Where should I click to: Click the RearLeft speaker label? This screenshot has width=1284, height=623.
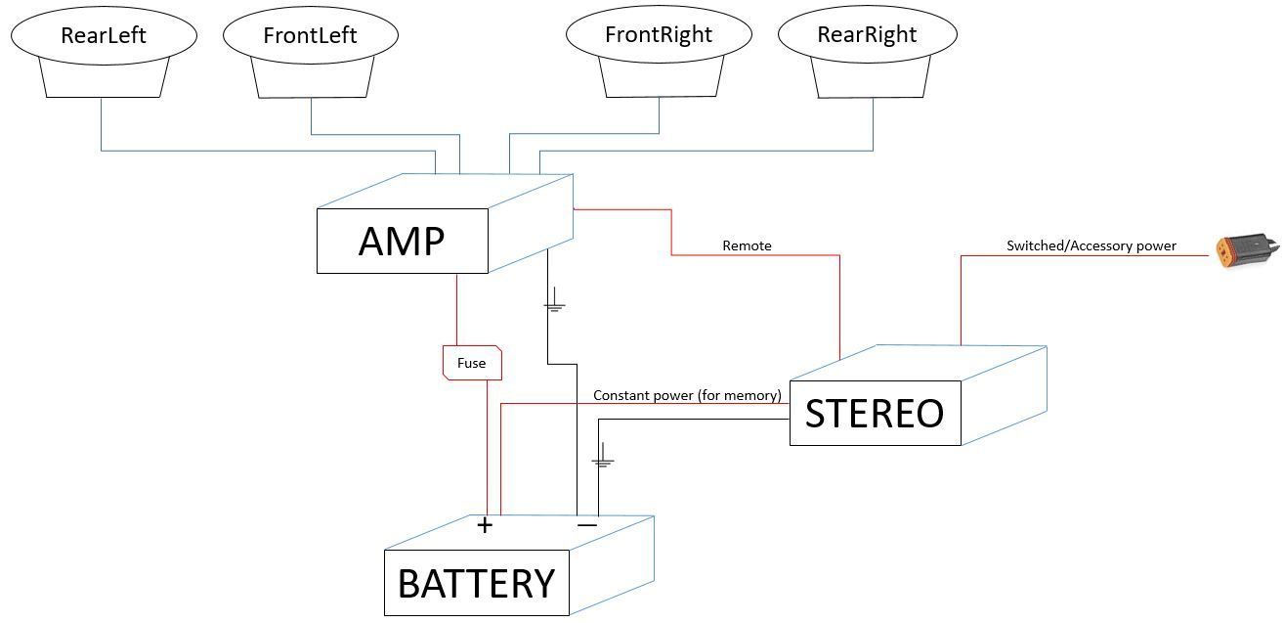pyautogui.click(x=103, y=35)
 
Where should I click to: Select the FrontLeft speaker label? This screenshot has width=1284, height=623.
pyautogui.click(x=310, y=35)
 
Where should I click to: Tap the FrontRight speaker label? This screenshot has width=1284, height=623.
pyautogui.click(x=659, y=34)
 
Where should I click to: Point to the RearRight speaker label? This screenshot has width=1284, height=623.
pyautogui.click(x=867, y=34)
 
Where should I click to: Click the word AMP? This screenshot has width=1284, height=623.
pyautogui.click(x=402, y=241)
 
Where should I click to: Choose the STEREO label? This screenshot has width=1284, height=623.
pyautogui.click(x=875, y=414)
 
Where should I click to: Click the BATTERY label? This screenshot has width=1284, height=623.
pyautogui.click(x=476, y=584)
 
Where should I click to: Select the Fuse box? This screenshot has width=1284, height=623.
pyautogui.click(x=472, y=363)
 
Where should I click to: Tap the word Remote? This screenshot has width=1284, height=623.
pyautogui.click(x=747, y=245)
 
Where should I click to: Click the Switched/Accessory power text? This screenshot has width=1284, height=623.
pyautogui.click(x=1091, y=245)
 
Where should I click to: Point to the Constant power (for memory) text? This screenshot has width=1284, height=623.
pyautogui.click(x=687, y=395)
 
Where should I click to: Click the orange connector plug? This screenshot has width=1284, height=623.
pyautogui.click(x=1245, y=251)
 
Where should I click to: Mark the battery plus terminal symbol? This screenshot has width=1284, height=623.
pyautogui.click(x=485, y=525)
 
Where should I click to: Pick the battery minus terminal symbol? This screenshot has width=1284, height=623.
pyautogui.click(x=586, y=525)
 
